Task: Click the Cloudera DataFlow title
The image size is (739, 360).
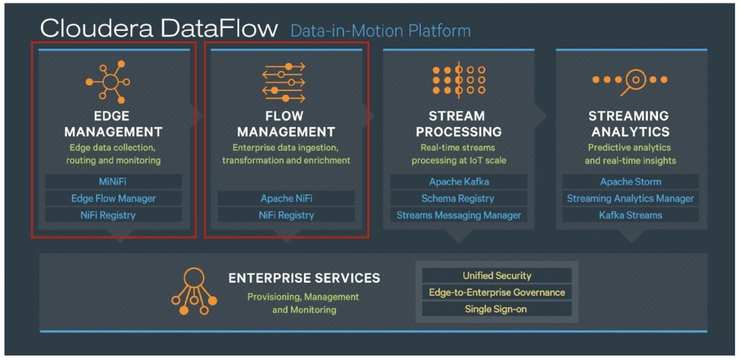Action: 159,28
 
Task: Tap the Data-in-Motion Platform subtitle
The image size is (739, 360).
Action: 381,30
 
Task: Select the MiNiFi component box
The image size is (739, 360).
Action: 113,181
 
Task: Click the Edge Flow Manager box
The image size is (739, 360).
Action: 113,198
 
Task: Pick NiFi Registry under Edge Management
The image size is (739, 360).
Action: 113,215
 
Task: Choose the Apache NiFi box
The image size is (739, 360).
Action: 286,198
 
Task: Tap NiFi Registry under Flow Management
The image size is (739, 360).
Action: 286,215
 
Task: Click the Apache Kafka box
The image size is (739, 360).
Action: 458,181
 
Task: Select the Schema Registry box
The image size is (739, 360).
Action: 458,198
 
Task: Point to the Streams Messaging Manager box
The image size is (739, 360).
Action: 458,215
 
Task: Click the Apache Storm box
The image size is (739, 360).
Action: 631,181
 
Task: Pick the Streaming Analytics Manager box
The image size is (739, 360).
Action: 631,198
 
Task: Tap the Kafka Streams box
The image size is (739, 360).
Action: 631,215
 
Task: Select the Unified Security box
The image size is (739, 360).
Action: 497,276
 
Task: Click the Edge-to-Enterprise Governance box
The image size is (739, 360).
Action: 497,292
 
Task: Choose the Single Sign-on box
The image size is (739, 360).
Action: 497,309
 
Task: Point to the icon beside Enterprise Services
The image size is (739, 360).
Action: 194,291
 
